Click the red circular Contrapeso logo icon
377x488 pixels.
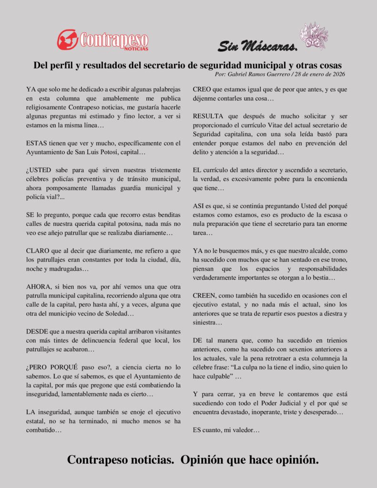[68, 40]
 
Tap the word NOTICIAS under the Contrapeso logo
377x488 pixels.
[136, 49]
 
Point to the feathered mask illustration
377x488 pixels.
[314, 35]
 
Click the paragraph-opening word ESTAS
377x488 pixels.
[37, 143]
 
